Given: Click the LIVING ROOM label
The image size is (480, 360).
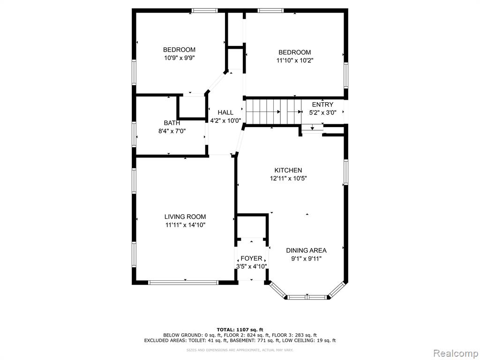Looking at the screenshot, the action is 185,217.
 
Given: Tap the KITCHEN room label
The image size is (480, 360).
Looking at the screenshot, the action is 288,170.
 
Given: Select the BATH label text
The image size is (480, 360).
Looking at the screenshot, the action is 172,123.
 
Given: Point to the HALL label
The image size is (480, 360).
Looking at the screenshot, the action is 225,112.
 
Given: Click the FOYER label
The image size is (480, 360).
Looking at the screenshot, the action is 251,258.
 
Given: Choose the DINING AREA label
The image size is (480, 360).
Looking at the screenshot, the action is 307,250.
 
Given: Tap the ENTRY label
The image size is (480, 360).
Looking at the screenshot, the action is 322,105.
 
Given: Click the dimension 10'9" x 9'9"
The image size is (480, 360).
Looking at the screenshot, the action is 180,58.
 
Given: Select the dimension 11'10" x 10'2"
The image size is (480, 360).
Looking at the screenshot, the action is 295,60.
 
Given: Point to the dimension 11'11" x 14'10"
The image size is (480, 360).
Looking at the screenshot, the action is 185,225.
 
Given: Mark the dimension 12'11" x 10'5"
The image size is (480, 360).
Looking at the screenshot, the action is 288,179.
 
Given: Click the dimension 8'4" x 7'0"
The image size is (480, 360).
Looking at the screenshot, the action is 172,131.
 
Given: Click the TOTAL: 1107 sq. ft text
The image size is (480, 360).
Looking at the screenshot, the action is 240,330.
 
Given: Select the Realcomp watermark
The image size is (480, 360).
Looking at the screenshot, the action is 455,353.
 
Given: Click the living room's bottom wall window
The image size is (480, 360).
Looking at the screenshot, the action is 183,283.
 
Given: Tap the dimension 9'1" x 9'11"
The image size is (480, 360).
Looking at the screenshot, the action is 307,259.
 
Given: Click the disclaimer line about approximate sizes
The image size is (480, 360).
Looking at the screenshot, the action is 240,350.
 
